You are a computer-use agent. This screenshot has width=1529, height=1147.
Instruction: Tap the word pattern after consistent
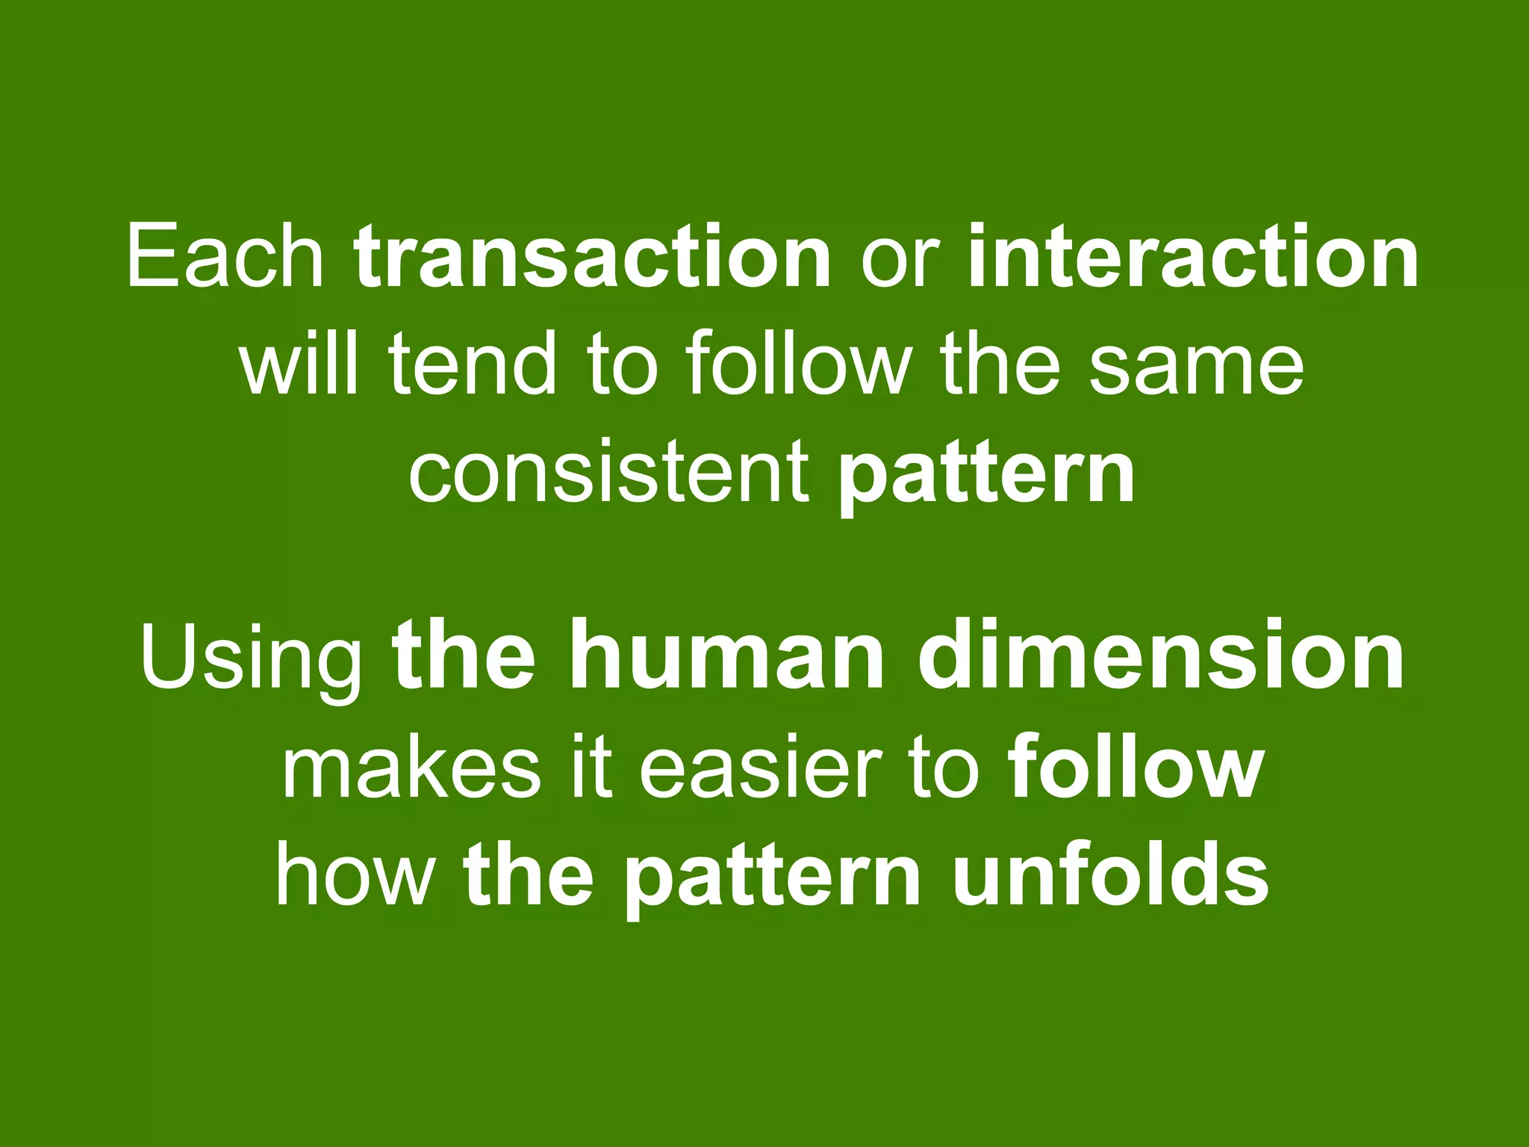coord(985,478)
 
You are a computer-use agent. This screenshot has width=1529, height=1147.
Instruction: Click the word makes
coord(411,769)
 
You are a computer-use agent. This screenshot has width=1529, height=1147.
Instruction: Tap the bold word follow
coord(1135,769)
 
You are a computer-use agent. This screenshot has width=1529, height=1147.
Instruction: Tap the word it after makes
coord(591,769)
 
